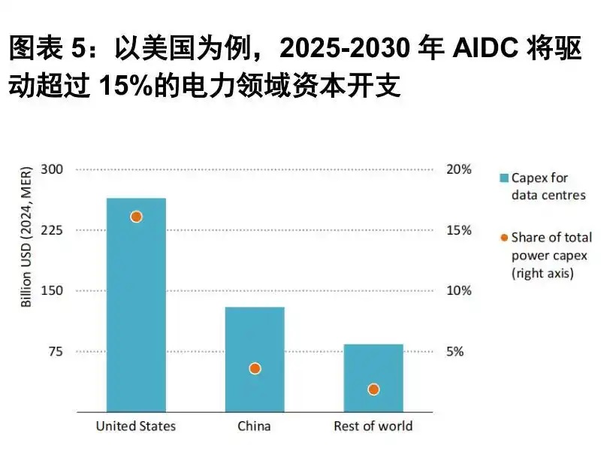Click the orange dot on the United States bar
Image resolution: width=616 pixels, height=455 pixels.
[136, 217]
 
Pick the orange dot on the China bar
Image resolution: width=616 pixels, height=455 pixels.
[255, 369]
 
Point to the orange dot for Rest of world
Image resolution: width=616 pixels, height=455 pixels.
[373, 389]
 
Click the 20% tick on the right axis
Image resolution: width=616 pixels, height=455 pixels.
[459, 169]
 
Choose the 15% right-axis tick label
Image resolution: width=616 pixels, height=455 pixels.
[459, 230]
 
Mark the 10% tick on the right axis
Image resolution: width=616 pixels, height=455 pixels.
[459, 291]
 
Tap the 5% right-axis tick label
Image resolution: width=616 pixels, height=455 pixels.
[456, 351]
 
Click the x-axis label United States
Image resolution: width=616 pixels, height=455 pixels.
[136, 426]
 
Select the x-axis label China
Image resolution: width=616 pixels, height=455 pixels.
[254, 426]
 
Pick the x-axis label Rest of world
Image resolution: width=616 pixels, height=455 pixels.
[373, 426]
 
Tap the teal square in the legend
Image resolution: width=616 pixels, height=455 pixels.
[504, 178]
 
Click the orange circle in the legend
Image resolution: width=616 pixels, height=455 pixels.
[504, 238]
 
